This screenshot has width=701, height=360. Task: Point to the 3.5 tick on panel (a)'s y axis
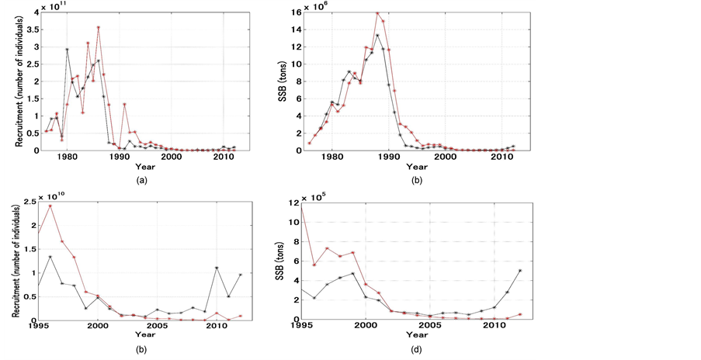coord(36,29)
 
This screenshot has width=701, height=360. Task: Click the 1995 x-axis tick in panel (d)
coord(302,327)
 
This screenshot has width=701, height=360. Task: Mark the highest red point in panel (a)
coord(98,28)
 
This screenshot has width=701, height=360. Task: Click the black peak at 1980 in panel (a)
coord(67,50)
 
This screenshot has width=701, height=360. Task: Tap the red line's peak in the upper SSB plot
coord(377,12)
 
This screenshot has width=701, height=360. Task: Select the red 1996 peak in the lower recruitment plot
coord(50,206)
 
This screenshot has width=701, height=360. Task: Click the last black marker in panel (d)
coord(519,271)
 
